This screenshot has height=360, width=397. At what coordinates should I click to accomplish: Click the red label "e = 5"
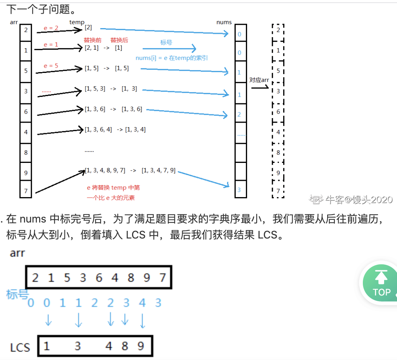(51, 66)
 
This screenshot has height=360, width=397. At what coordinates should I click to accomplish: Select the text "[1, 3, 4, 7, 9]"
(158, 171)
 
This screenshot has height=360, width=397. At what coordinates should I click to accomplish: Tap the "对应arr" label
(259, 80)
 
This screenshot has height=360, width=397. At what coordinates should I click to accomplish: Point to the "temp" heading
(77, 22)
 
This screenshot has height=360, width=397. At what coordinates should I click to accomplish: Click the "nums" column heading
(224, 22)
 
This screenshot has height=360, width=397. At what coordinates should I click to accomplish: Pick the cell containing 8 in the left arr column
(26, 152)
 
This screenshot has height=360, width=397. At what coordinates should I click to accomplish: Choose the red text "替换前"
(93, 40)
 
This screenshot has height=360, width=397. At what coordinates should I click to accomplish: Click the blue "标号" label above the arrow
(166, 43)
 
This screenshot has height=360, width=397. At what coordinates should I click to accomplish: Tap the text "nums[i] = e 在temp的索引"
(172, 58)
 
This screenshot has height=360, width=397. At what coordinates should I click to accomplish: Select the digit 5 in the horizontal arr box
(67, 278)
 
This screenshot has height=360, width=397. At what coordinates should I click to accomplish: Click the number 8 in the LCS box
(125, 346)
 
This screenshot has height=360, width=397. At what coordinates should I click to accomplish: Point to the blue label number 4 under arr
(142, 303)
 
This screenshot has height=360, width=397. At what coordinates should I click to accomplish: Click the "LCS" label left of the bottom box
(20, 347)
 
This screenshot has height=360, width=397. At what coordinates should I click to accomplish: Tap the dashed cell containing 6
(278, 112)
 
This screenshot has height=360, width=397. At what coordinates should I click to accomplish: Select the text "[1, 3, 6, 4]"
(98, 129)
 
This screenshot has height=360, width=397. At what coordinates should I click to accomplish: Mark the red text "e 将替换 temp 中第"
(113, 188)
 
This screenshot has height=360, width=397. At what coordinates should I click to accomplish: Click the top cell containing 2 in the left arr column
(26, 29)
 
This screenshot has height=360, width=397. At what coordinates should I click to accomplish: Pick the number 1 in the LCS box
(47, 346)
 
